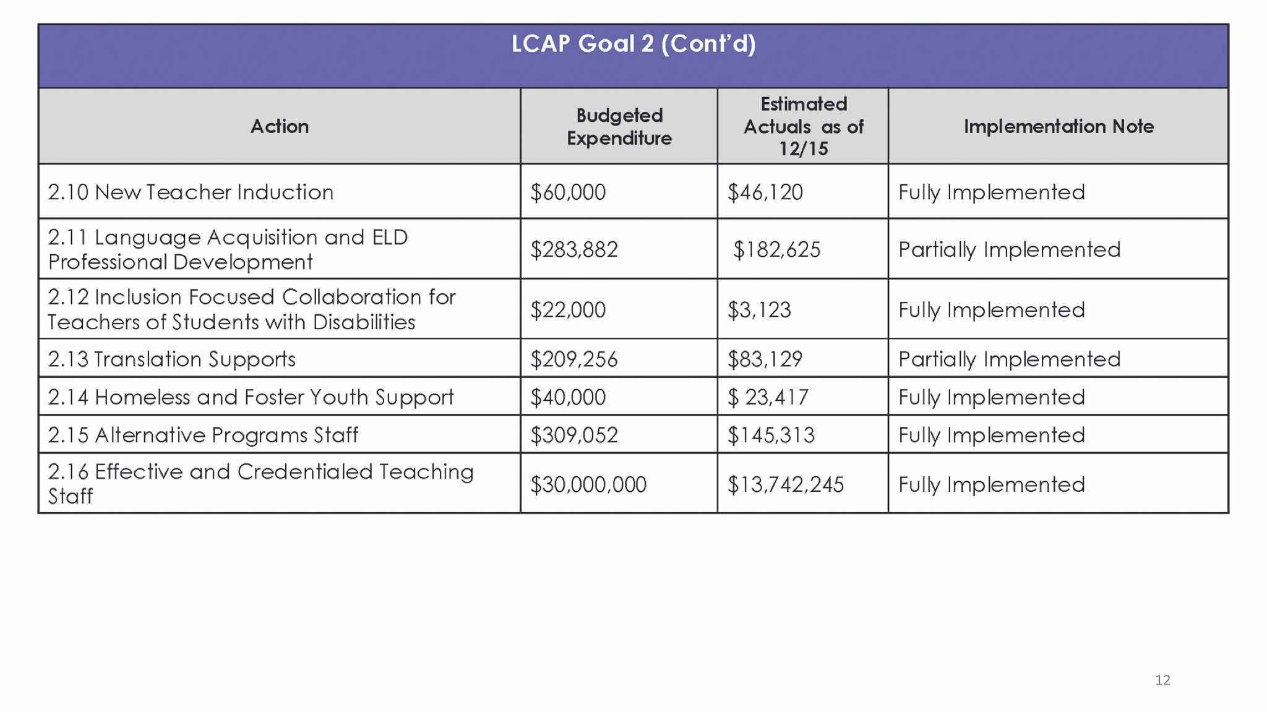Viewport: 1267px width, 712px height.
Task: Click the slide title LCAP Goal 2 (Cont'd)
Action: click(x=633, y=44)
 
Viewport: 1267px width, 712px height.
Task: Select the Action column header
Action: click(x=280, y=126)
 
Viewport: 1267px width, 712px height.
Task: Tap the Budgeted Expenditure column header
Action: click(x=619, y=126)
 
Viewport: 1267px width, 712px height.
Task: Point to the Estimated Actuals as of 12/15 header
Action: click(x=803, y=126)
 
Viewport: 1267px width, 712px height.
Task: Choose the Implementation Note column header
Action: click(x=1059, y=126)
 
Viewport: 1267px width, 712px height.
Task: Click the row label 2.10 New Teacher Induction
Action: click(x=191, y=192)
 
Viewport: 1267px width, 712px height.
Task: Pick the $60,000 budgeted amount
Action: click(x=568, y=192)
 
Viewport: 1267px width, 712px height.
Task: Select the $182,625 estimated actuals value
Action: click(x=776, y=250)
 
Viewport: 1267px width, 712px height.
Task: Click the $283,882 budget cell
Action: click(x=574, y=250)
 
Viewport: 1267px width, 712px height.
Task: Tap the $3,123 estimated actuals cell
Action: click(x=759, y=310)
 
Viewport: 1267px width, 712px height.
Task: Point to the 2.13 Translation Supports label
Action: click(x=172, y=359)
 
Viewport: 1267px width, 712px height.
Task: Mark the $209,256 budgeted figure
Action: click(x=574, y=359)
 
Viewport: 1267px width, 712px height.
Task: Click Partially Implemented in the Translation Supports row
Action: click(x=1009, y=359)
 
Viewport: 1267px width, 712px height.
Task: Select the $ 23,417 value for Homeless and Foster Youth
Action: click(x=768, y=397)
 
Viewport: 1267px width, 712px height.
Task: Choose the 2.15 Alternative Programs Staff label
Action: click(x=203, y=435)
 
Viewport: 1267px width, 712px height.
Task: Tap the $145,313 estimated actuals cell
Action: click(x=771, y=435)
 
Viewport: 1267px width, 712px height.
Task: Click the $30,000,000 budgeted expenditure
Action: click(x=588, y=484)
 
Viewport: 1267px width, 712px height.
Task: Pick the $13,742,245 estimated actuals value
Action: click(x=786, y=484)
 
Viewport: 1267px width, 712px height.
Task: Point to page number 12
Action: click(x=1162, y=680)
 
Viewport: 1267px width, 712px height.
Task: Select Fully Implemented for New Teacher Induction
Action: click(x=992, y=192)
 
